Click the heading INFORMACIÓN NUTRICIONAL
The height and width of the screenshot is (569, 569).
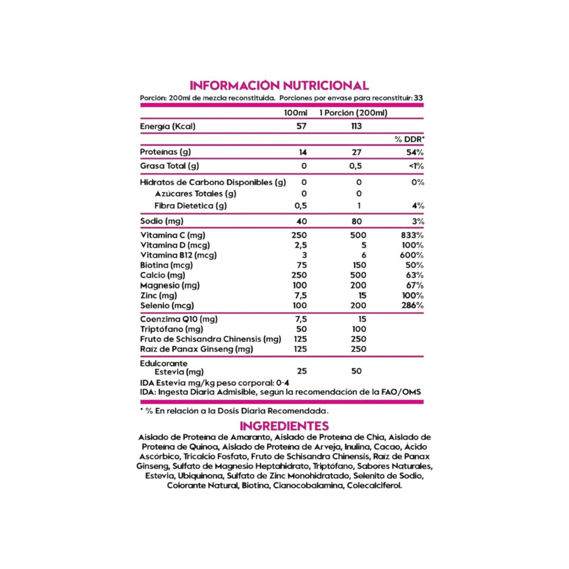(x=279, y=85)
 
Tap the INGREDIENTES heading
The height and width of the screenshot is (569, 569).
(x=284, y=425)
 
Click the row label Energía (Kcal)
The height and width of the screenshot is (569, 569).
(x=167, y=126)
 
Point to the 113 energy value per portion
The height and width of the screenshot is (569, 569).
(x=356, y=126)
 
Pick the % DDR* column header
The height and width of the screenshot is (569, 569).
(x=409, y=139)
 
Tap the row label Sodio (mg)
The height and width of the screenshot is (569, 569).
(x=162, y=221)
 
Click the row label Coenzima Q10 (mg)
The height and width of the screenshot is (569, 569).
(x=179, y=319)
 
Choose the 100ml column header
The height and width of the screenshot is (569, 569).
(x=295, y=113)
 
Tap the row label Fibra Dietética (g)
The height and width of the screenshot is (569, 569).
(x=191, y=206)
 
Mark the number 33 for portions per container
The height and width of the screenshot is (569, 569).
(x=418, y=99)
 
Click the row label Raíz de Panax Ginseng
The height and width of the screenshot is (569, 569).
(x=196, y=349)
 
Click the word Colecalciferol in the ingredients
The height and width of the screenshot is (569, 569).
(x=374, y=486)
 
